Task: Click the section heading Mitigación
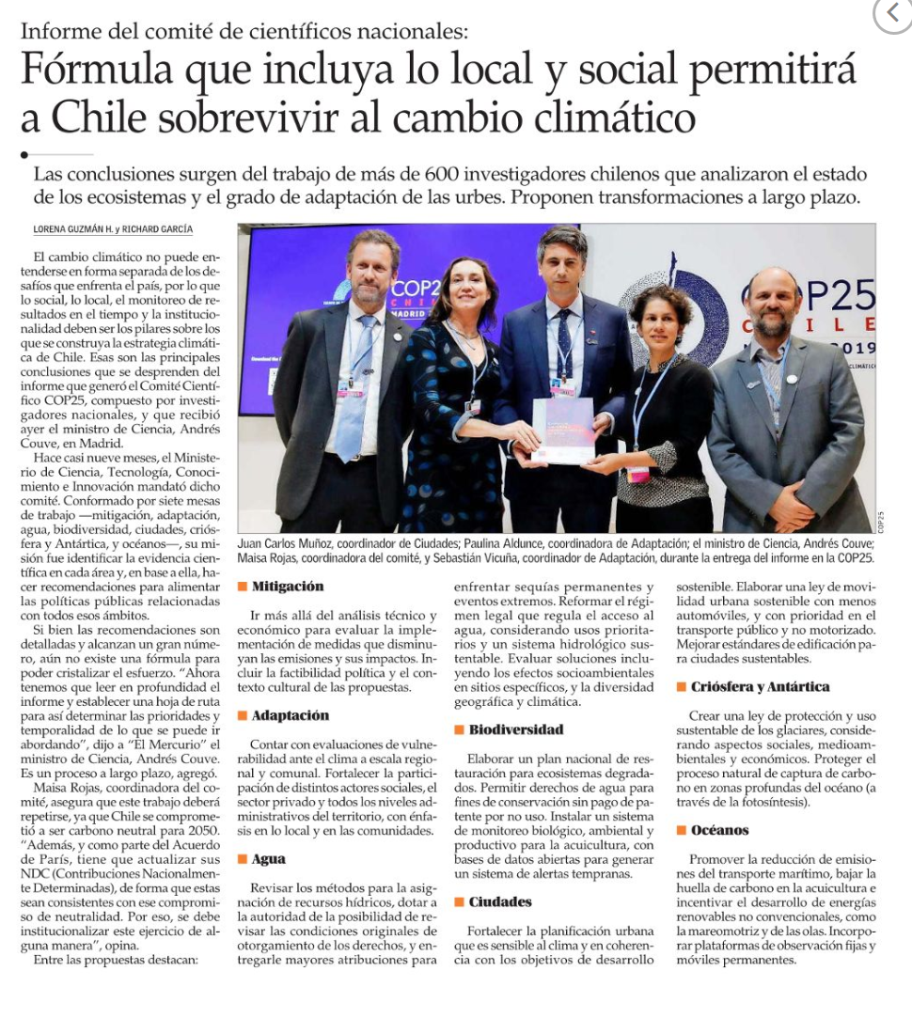[288, 587]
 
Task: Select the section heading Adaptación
[291, 716]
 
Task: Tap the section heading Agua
[269, 859]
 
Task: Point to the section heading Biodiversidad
[516, 730]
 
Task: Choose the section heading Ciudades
[500, 902]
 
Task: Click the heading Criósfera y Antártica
[760, 687]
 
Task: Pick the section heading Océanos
[719, 831]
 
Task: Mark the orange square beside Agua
[242, 859]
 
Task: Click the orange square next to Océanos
[682, 831]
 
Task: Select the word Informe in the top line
[57, 30]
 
